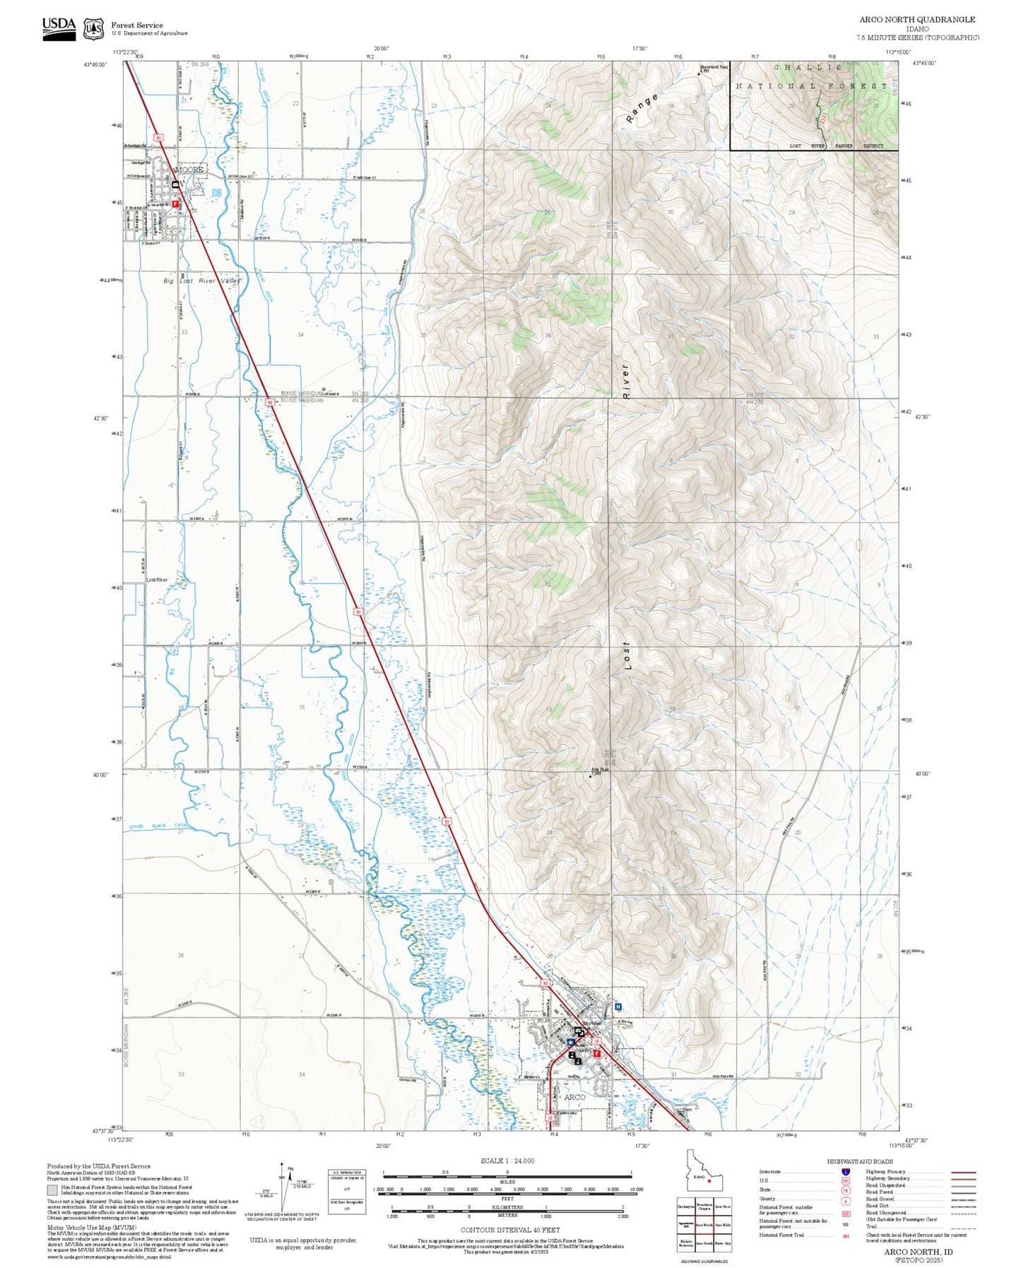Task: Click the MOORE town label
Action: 189,170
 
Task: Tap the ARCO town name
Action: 574,1098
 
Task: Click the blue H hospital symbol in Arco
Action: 618,1006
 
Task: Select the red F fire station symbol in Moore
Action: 175,204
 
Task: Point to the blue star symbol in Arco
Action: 570,1042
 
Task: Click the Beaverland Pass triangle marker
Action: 700,72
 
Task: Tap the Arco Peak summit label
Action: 599,770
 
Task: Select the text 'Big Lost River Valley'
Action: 202,281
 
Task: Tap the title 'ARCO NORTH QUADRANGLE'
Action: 916,20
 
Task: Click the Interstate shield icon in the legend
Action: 845,1171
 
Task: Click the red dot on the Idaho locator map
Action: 709,1180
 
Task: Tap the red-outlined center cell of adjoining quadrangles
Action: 704,1225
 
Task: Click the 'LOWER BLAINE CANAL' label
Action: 158,826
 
